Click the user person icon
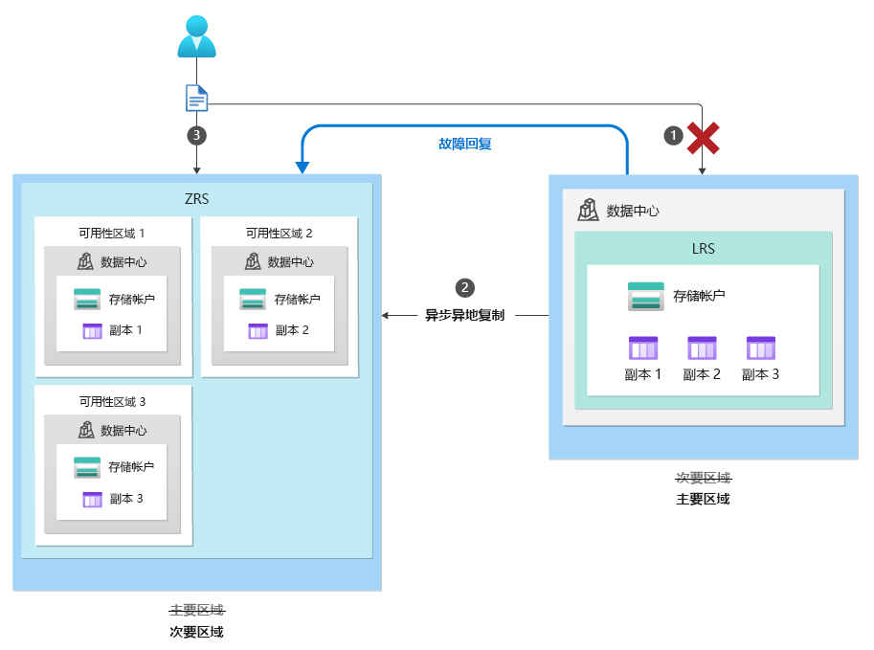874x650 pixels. click(x=196, y=36)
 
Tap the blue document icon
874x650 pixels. click(x=196, y=98)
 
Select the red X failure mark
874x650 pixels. click(x=704, y=137)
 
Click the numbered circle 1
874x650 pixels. click(x=674, y=137)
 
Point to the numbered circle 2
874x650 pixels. click(x=465, y=287)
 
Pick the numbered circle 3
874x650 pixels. click(x=196, y=135)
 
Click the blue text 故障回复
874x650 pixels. click(x=465, y=145)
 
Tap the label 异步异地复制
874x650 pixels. click(x=465, y=315)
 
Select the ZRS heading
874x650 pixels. click(x=196, y=199)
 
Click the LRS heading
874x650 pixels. click(x=703, y=249)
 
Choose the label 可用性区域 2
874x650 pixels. click(x=279, y=233)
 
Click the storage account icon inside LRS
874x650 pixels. click(x=645, y=296)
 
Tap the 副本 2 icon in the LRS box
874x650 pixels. click(x=702, y=347)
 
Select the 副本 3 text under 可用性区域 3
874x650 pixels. click(x=126, y=499)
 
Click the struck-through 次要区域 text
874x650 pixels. click(x=703, y=478)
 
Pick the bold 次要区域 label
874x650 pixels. click(x=196, y=632)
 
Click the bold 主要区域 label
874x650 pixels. click(x=703, y=499)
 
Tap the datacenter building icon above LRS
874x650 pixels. click(x=589, y=210)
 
